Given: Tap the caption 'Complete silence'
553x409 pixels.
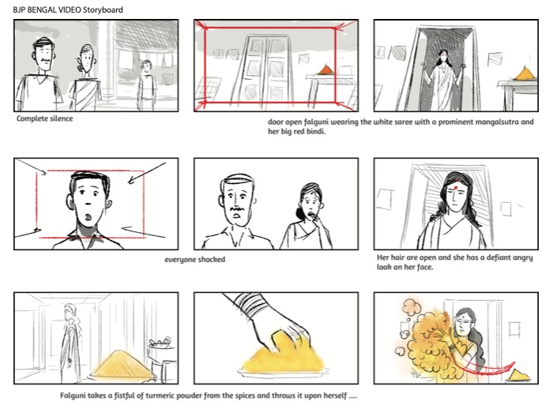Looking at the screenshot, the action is (x=45, y=118).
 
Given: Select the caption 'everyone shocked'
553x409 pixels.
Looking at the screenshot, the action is (x=194, y=260).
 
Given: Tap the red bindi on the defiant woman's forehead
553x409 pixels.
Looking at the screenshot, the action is (x=456, y=184).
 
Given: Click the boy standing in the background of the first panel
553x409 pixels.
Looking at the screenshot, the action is (x=147, y=84).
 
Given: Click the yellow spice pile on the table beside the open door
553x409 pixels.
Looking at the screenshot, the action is (x=525, y=74).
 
